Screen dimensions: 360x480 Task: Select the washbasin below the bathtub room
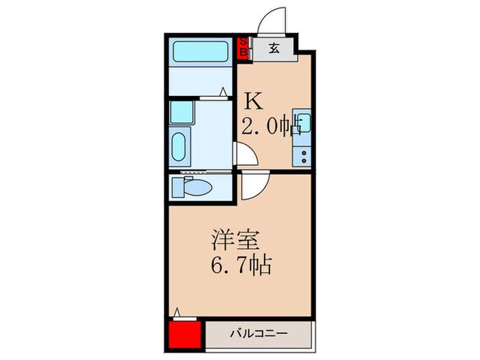click(178, 146)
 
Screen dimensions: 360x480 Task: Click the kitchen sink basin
click(303, 123)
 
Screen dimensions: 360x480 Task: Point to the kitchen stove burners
click(302, 154)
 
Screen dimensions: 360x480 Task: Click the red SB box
click(243, 48)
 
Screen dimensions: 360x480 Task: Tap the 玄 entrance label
click(273, 48)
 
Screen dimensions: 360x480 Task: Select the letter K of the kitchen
click(254, 102)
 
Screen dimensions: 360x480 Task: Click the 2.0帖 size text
click(272, 128)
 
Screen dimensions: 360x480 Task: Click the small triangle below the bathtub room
click(224, 91)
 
